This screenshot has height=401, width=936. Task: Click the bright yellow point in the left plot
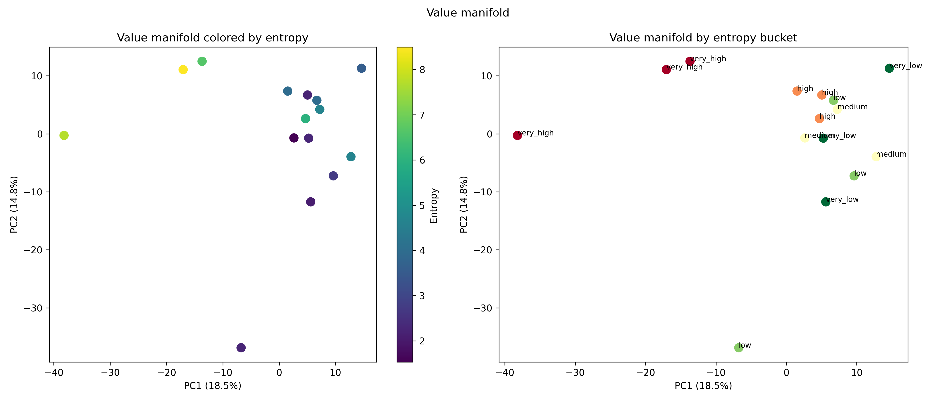(x=183, y=69)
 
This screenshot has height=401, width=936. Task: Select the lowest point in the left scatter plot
(x=241, y=348)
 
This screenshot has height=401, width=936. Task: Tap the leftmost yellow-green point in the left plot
(x=64, y=135)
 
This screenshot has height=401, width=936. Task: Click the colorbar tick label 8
(x=422, y=70)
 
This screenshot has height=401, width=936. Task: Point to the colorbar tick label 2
(x=422, y=341)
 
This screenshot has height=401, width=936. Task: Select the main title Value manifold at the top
(x=468, y=13)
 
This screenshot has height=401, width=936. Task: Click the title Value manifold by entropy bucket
(x=703, y=38)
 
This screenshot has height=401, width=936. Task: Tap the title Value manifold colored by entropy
(x=213, y=38)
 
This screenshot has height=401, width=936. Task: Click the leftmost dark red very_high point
(x=517, y=135)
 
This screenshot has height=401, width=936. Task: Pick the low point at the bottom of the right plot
(x=739, y=348)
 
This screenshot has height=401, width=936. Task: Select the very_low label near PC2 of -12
(x=842, y=199)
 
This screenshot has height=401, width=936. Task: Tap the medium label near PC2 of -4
(x=891, y=154)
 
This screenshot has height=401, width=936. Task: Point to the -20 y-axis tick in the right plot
(x=483, y=250)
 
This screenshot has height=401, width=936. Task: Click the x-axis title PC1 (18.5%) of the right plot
(x=703, y=386)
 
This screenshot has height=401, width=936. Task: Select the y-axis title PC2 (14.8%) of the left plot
(x=14, y=205)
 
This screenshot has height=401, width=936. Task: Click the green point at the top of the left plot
(x=202, y=61)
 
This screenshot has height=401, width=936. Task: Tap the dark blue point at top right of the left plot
(x=361, y=68)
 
